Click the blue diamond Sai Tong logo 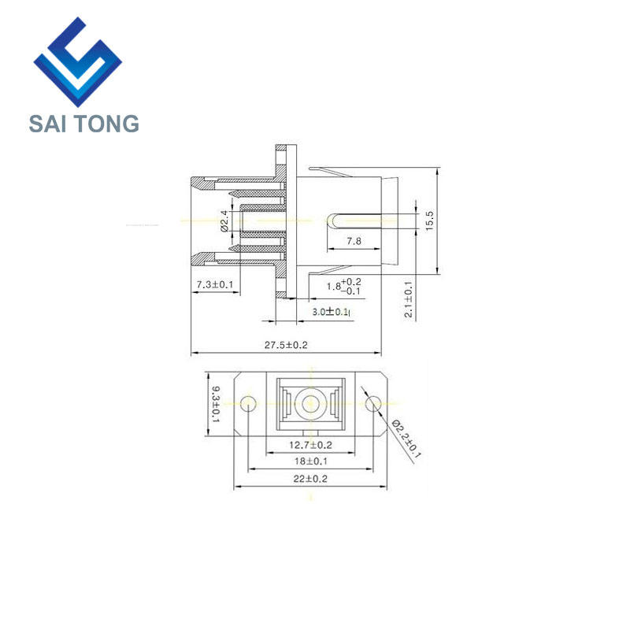click(78, 62)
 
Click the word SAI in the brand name click(47, 124)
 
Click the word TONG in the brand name click(107, 124)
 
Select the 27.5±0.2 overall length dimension click(286, 345)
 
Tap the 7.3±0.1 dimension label click(214, 284)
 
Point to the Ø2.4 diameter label click(224, 221)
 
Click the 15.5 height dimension click(429, 220)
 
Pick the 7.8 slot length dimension click(354, 241)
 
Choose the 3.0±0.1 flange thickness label click(330, 311)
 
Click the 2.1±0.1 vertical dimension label click(408, 299)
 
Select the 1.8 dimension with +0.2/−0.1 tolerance click(343, 286)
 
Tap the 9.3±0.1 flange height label click(216, 404)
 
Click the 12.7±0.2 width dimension click(310, 445)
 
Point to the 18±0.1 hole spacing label click(310, 461)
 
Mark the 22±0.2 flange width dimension click(310, 479)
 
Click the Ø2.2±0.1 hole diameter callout click(406, 439)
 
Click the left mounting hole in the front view click(248, 403)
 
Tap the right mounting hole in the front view click(373, 403)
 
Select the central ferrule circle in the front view click(309, 403)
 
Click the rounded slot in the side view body click(354, 221)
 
